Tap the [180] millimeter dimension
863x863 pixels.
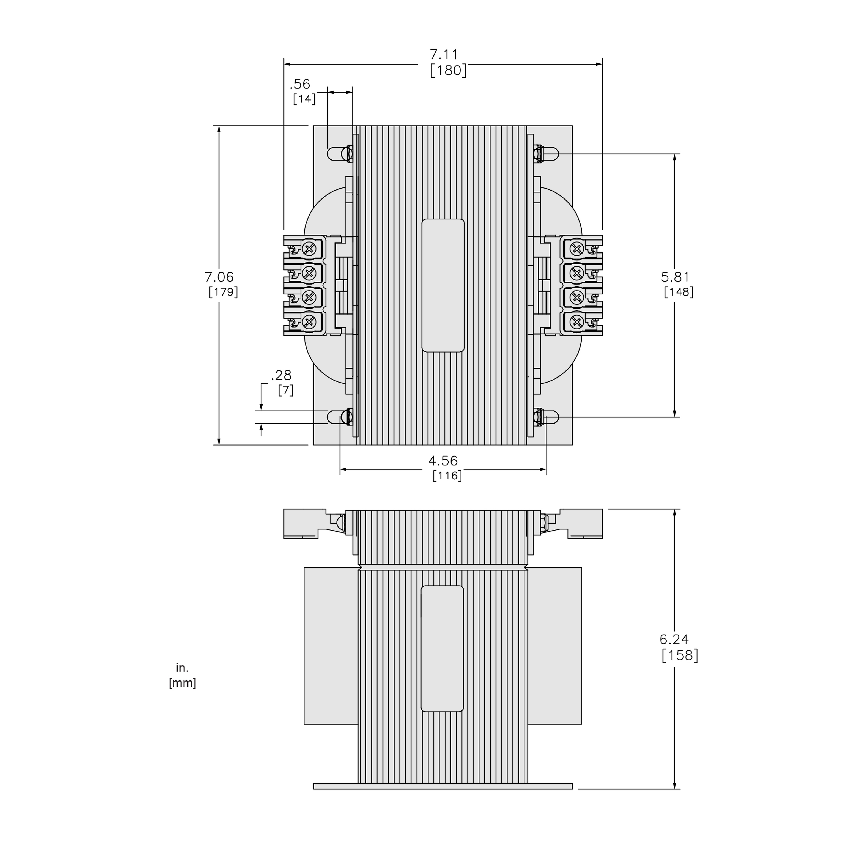[x=448, y=71]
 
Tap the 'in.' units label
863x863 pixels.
[x=182, y=668]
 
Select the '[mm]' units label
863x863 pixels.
[x=182, y=683]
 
